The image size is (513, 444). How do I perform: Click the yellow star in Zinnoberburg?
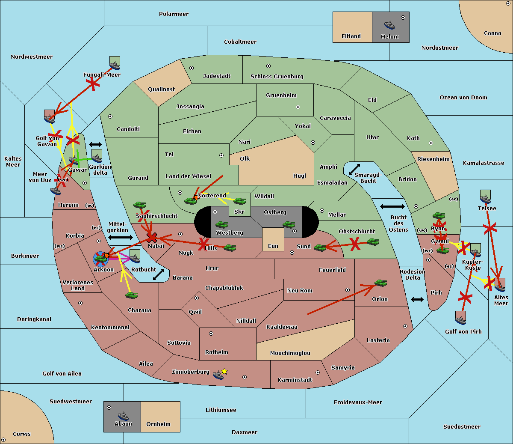click(x=224, y=371)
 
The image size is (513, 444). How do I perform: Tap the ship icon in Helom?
click(x=389, y=25)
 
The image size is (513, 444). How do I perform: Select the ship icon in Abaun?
click(x=123, y=416)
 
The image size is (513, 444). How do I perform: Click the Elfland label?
click(x=351, y=36)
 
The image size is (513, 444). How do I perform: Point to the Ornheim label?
click(x=158, y=424)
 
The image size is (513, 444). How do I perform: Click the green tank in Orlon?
click(x=380, y=283)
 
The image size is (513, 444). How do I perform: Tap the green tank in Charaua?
click(x=132, y=295)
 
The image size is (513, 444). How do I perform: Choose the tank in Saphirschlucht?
click(x=140, y=206)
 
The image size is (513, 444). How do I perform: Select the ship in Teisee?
click(x=485, y=198)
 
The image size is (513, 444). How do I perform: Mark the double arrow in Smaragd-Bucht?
click(x=355, y=169)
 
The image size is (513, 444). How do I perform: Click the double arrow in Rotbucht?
click(x=159, y=274)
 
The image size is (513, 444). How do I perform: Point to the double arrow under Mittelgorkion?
click(x=121, y=237)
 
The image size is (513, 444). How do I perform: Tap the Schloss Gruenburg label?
click(x=277, y=77)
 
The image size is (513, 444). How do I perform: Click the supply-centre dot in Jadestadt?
click(x=192, y=68)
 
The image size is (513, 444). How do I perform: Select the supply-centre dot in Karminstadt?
click(x=317, y=372)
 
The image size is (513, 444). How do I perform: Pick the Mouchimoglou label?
click(x=290, y=353)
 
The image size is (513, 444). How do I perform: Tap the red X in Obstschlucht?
click(x=355, y=244)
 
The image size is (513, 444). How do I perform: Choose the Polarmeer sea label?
click(x=174, y=14)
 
